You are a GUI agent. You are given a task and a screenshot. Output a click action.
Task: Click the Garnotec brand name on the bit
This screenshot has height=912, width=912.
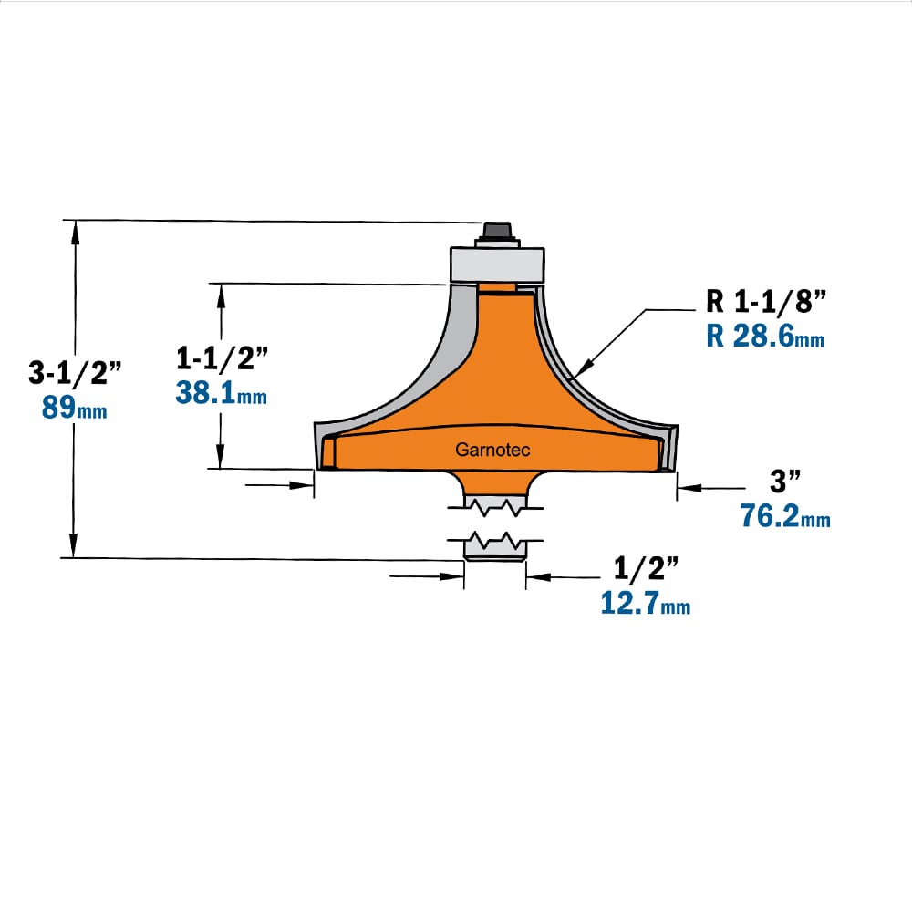point(492,450)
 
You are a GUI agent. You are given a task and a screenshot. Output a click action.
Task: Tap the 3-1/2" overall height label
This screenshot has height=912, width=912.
point(75,372)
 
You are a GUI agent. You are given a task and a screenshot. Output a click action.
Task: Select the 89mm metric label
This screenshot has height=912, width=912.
point(75,407)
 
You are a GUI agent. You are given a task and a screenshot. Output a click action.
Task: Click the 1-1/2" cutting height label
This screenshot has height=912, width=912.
point(223,358)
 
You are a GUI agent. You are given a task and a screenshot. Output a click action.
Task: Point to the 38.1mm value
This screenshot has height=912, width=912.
point(222,392)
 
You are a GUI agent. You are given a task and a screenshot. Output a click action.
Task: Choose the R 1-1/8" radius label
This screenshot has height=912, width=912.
point(766,301)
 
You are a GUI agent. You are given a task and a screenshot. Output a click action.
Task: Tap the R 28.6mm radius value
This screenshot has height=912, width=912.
point(765,337)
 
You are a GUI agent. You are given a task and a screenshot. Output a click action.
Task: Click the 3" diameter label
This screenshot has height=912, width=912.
point(785,481)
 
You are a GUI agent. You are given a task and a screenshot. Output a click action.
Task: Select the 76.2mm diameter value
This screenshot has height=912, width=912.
point(785,516)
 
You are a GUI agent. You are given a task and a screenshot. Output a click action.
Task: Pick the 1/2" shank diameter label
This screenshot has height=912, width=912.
point(647,567)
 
